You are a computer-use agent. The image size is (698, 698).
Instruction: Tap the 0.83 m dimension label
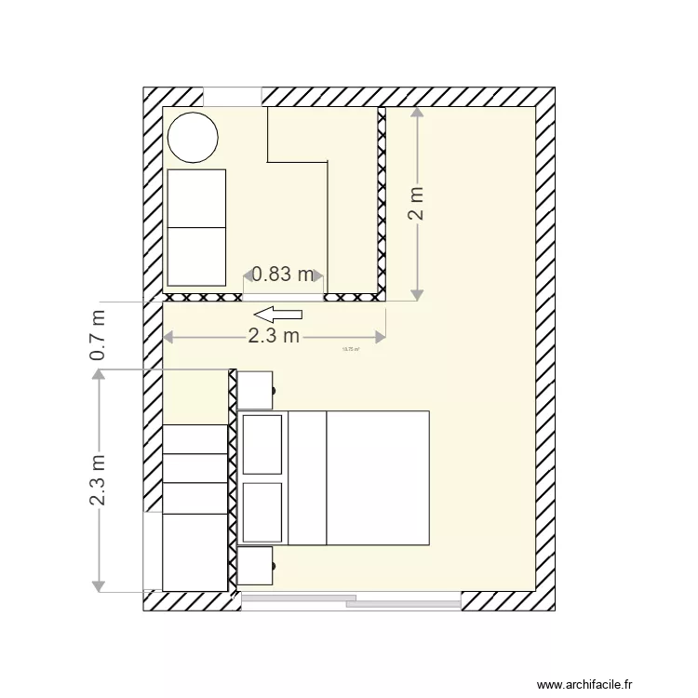tap(283, 274)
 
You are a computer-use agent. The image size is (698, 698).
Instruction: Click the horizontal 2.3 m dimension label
tap(274, 336)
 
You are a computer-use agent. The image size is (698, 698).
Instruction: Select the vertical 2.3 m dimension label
tap(98, 479)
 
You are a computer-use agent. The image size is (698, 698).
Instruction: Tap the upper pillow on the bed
tap(262, 445)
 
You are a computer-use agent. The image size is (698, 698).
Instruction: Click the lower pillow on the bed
tap(262, 512)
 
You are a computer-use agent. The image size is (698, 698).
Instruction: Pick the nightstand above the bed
tap(254, 390)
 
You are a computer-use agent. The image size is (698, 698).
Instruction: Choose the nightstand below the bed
tap(254, 566)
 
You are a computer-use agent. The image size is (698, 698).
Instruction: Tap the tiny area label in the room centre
tap(351, 350)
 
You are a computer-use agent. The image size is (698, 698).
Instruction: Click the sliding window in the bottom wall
tap(352, 601)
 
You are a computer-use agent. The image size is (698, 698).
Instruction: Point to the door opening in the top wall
tap(232, 97)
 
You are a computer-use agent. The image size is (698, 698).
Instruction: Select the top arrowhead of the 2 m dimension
tap(417, 113)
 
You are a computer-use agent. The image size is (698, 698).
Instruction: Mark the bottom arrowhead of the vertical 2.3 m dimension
tap(98, 585)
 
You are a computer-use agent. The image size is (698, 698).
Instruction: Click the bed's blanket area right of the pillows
tap(377, 477)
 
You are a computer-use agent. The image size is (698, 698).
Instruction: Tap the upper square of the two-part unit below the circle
tap(196, 198)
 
